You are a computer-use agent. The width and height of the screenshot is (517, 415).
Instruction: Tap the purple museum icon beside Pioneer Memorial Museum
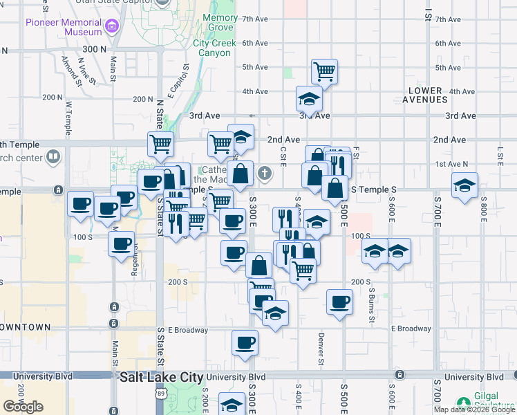coord(112,27)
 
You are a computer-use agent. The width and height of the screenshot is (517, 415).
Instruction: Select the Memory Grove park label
coord(221,22)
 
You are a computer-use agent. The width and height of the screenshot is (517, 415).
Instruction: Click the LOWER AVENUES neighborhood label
coord(424,95)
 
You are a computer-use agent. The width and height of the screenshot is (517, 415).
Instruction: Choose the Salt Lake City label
coord(162,378)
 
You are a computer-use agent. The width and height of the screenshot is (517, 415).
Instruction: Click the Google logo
coord(23,407)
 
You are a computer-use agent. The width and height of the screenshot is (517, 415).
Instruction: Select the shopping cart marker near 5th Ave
coord(324,70)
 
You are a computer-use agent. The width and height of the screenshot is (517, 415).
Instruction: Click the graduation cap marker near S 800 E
coord(464,185)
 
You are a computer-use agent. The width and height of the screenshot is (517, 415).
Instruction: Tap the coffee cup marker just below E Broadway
coord(245,342)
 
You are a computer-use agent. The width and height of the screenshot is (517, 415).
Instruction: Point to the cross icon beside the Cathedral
coord(265,173)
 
